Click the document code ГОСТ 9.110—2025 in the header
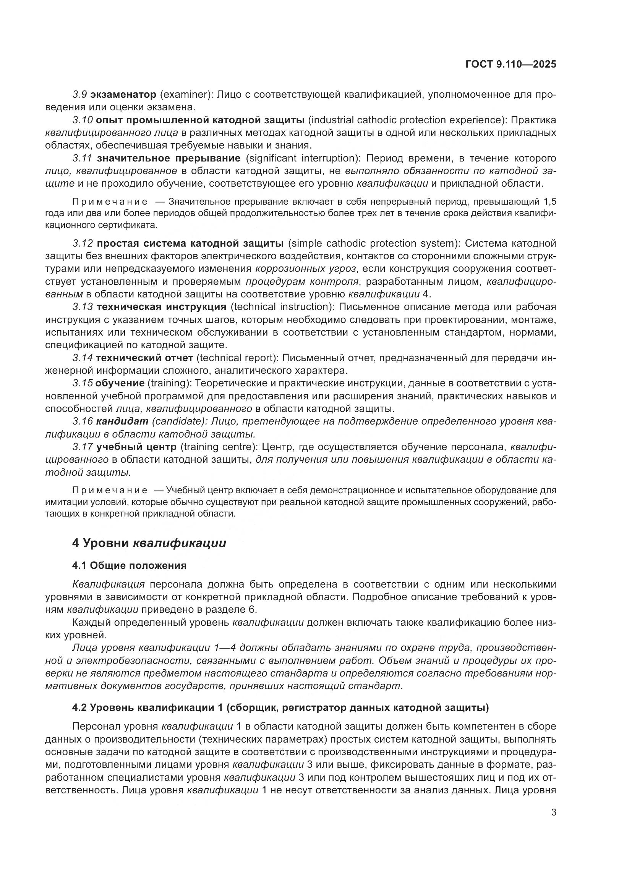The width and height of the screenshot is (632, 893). click(510, 65)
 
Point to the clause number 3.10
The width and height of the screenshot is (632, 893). click(82, 120)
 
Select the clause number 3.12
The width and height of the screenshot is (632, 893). click(83, 244)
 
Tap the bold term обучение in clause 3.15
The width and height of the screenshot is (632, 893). click(120, 383)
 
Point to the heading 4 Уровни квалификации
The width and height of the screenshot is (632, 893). click(149, 543)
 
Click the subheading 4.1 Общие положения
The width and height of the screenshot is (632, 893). click(129, 565)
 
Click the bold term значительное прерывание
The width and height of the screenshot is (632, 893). click(169, 158)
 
